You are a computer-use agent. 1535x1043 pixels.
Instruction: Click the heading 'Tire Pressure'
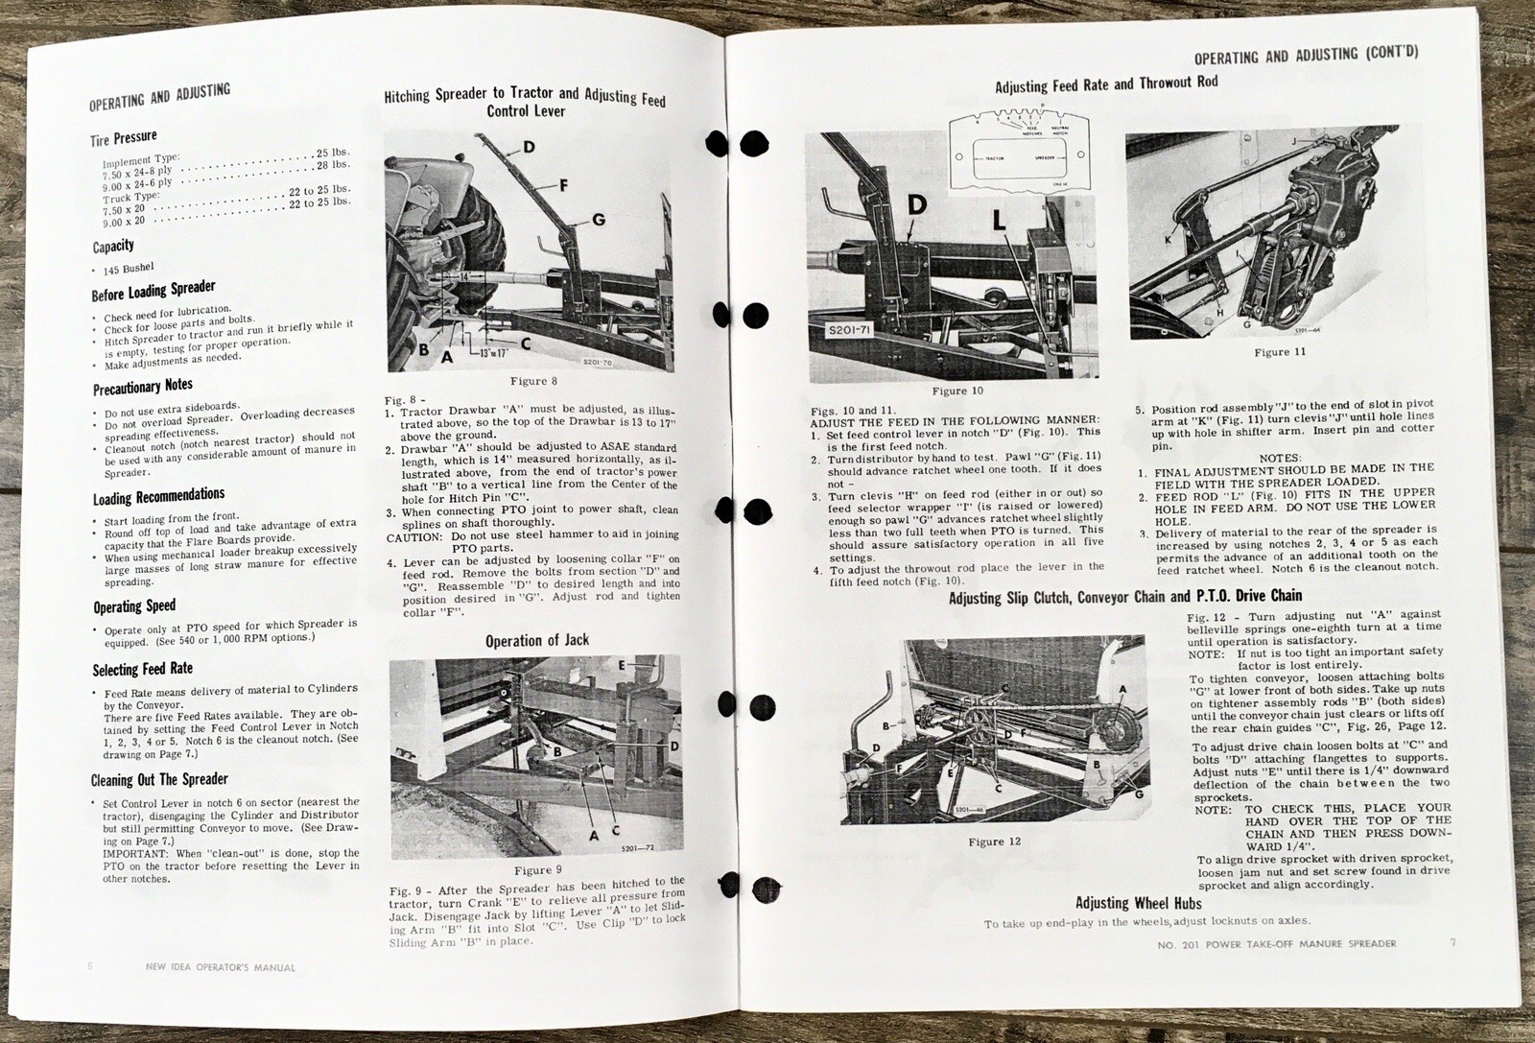pyautogui.click(x=124, y=138)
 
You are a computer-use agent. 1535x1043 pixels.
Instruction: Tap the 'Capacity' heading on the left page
pyautogui.click(x=113, y=247)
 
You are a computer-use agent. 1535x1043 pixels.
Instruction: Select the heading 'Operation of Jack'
pyautogui.click(x=536, y=640)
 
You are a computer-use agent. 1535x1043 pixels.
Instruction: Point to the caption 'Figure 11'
pyautogui.click(x=1280, y=352)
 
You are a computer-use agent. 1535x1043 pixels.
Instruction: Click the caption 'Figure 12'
pyautogui.click(x=994, y=842)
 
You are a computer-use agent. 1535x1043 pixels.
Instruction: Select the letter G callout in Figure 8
pyautogui.click(x=599, y=220)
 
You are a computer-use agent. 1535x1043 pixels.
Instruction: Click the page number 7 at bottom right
pyautogui.click(x=1452, y=942)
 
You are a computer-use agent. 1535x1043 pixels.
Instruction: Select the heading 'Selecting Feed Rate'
pyautogui.click(x=142, y=669)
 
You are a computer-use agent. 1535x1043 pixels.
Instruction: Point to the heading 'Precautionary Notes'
pyautogui.click(x=143, y=388)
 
